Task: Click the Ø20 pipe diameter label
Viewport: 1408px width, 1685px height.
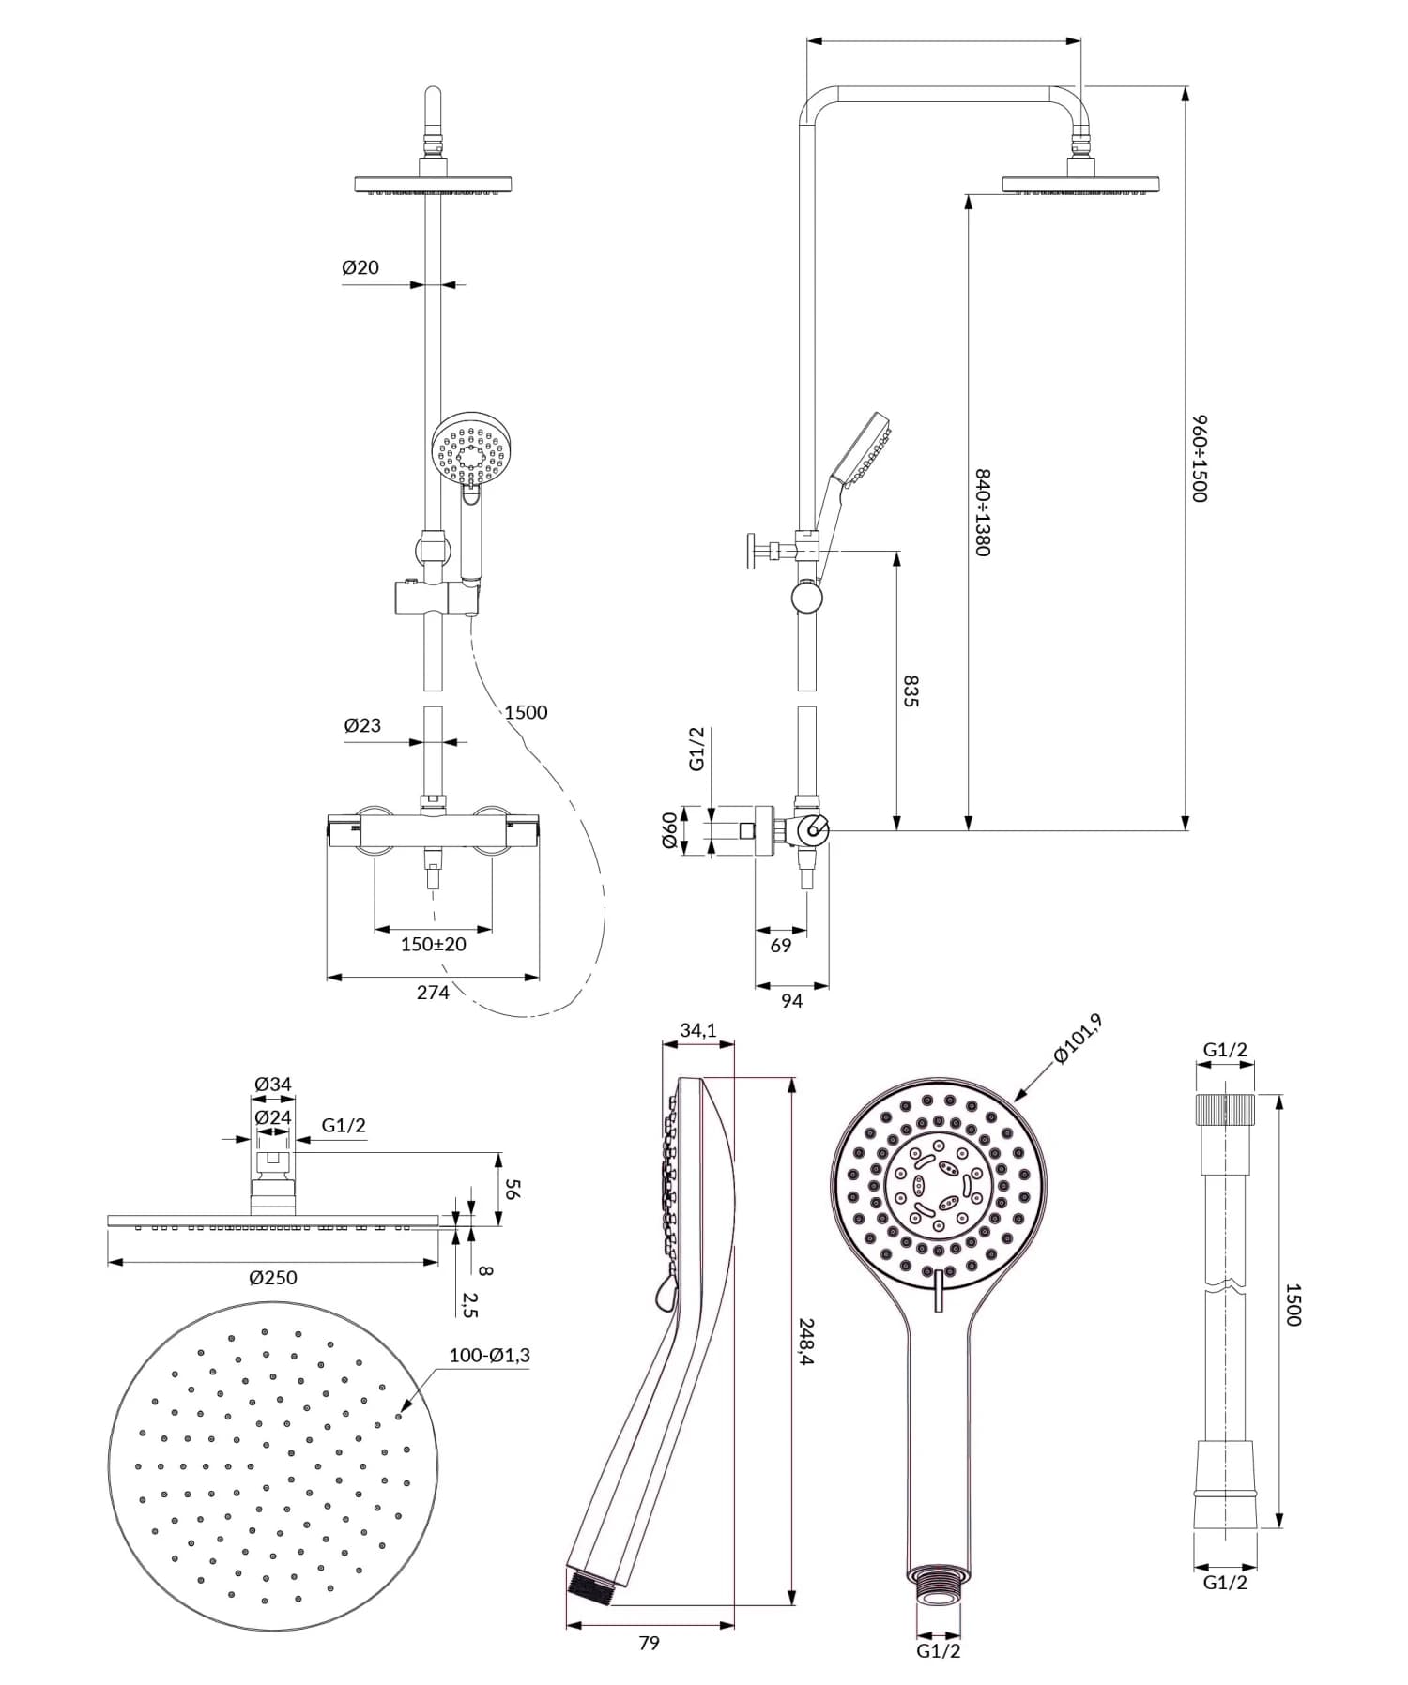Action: click(360, 267)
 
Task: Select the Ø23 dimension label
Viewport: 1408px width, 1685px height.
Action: click(362, 724)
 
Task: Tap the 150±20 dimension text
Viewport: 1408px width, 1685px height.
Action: click(433, 944)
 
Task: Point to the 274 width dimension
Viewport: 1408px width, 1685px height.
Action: click(433, 992)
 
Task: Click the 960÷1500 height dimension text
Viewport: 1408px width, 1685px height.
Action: click(1200, 459)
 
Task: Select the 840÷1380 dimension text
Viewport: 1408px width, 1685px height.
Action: click(982, 512)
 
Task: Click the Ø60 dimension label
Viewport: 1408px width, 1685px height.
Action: click(669, 830)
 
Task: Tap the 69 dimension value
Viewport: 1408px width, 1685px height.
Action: click(781, 946)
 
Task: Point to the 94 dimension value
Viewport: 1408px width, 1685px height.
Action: click(791, 1001)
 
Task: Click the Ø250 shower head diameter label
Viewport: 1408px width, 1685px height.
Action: click(273, 1277)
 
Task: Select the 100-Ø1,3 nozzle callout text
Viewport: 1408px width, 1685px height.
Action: click(489, 1355)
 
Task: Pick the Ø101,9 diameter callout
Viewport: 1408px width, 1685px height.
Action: click(1077, 1040)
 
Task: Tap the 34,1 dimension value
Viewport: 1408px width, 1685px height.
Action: click(698, 1030)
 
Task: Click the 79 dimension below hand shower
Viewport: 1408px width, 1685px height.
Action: click(649, 1642)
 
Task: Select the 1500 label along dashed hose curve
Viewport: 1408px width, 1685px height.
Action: click(526, 712)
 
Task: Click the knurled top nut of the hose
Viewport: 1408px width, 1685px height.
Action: click(1225, 1109)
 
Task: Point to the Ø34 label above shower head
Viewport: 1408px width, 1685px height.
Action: click(273, 1084)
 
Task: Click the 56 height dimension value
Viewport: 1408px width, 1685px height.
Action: click(513, 1189)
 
